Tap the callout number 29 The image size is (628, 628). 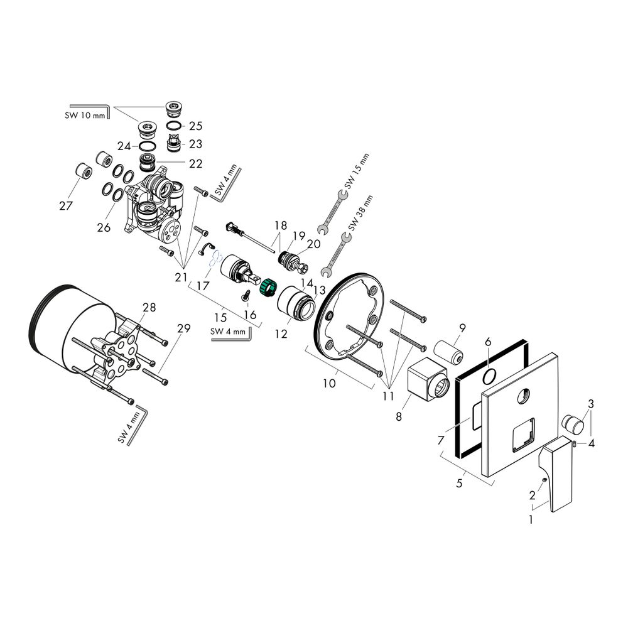[x=183, y=328]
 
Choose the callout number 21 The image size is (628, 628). [x=181, y=277]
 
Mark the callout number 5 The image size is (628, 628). [x=460, y=484]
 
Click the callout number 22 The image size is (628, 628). [x=195, y=163]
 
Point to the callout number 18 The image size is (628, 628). [x=280, y=225]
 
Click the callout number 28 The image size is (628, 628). [x=149, y=307]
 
